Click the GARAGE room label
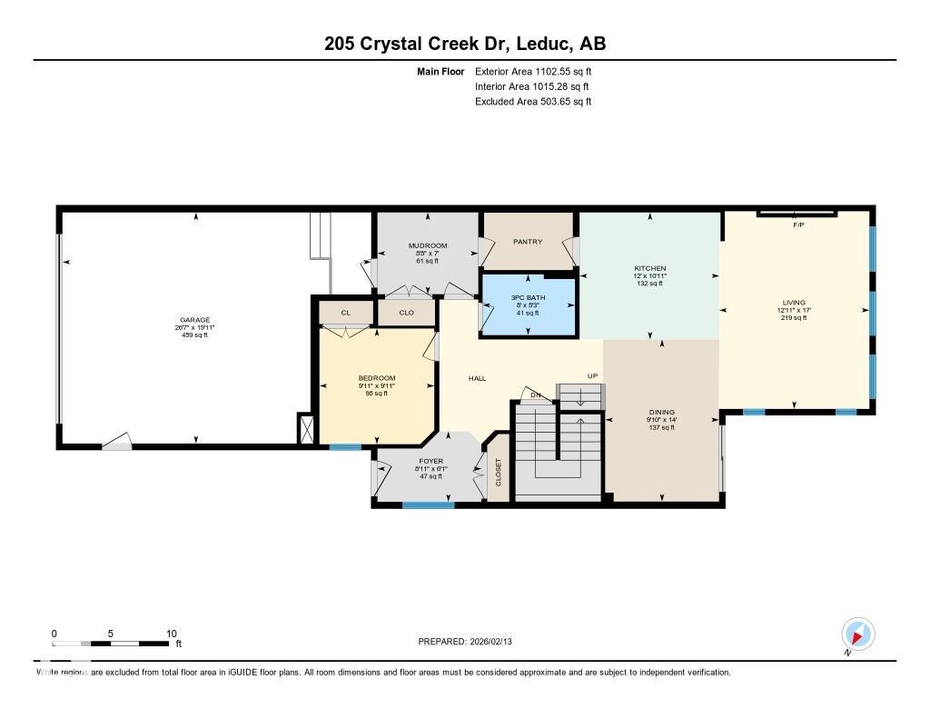tap(194, 320)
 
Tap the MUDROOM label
tap(427, 245)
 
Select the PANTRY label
tap(528, 242)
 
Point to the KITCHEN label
tap(649, 269)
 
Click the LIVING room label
tap(794, 303)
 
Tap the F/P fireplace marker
tap(798, 225)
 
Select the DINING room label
tap(660, 412)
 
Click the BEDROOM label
tap(376, 378)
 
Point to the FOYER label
tap(430, 461)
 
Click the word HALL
tap(477, 378)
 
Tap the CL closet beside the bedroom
tap(345, 313)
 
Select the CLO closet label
tap(406, 313)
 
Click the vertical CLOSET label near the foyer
tap(498, 470)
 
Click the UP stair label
tap(592, 375)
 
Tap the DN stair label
tap(536, 394)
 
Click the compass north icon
tap(857, 634)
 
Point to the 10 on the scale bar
tap(171, 634)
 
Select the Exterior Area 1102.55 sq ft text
tap(533, 71)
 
